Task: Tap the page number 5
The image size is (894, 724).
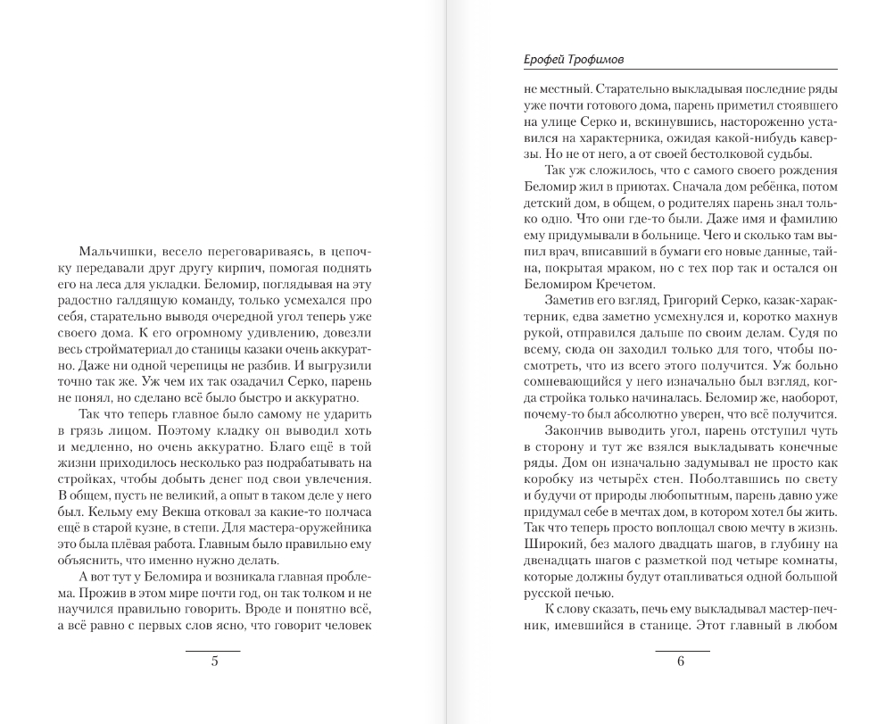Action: tap(213, 662)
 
